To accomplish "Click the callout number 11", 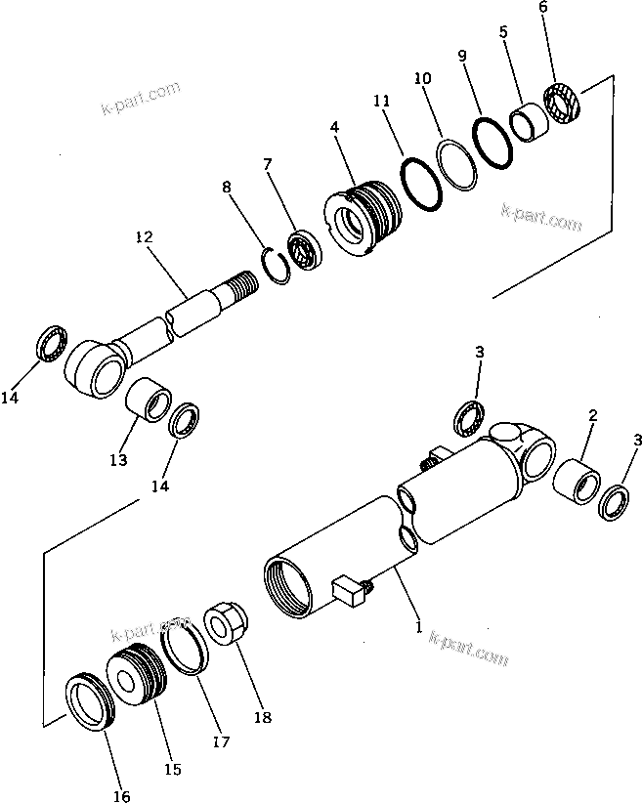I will pos(382,102).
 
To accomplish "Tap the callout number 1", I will pos(419,628).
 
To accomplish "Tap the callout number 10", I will pos(422,77).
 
